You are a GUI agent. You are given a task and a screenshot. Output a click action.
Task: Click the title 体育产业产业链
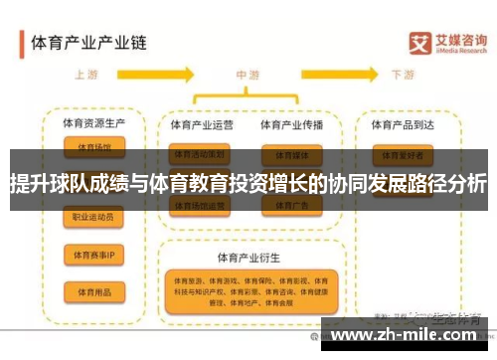[x=89, y=43]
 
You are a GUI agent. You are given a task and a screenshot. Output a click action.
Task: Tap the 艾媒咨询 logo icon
[x=421, y=43]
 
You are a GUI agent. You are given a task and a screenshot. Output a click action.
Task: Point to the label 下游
[x=403, y=75]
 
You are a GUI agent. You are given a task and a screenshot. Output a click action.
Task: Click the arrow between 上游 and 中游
[x=169, y=76]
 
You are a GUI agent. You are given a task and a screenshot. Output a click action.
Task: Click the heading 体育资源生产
[x=95, y=124]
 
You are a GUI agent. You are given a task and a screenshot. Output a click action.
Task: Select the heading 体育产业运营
[x=202, y=125]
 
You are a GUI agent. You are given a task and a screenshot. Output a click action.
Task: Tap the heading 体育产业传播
[x=291, y=125]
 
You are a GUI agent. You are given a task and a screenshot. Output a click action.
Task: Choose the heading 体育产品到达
[x=403, y=125]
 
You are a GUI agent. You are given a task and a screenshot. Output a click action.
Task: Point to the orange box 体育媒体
[x=290, y=155]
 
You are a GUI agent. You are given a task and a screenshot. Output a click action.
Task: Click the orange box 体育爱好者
[x=403, y=155]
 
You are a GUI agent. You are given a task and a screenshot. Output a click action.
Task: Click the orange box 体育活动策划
[x=200, y=155]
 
